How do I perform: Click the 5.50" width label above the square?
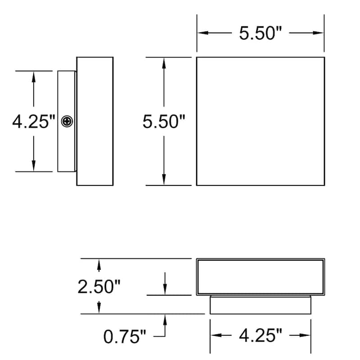pos(260,33)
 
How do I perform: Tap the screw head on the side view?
pos(67,121)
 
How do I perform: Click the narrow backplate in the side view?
pos(63,148)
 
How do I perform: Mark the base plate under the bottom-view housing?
pos(260,305)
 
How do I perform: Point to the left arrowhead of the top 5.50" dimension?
pos(201,33)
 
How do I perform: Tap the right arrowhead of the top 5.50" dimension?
pos(320,33)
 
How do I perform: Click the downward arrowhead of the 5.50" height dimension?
pos(164,180)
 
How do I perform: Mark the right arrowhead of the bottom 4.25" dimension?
pos(307,336)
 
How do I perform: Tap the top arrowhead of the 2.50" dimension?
pos(99,263)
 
